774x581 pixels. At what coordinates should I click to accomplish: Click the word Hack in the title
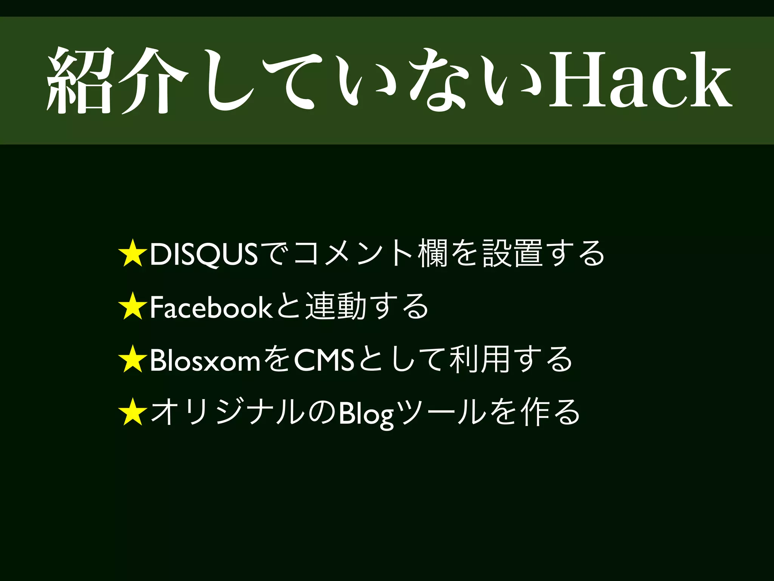click(640, 80)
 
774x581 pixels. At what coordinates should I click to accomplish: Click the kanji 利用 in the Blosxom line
click(479, 359)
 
